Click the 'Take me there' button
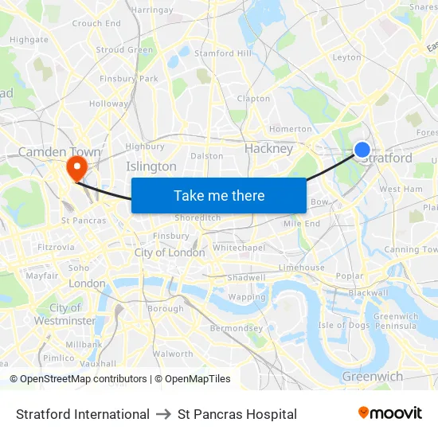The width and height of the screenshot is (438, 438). point(218,195)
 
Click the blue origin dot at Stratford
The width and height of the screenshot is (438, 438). point(362,150)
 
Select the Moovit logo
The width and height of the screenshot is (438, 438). point(390,413)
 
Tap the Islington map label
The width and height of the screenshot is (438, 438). point(151,166)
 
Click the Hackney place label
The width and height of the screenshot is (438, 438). point(268,148)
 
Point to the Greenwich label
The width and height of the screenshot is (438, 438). point(372,376)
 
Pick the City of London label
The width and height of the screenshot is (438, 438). point(170,252)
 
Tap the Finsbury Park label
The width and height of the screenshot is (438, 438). point(129,79)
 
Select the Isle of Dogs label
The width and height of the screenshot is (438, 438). point(344,325)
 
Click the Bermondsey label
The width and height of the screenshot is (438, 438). point(236,328)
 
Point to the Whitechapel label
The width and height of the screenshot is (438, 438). point(239,248)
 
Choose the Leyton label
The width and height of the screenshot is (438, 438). point(346,57)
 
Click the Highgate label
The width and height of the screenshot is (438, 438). point(29,39)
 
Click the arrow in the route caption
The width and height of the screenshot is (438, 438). point(163,414)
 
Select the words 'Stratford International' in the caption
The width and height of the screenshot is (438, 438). point(83,414)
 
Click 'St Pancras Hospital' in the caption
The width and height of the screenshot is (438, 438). point(237,414)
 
